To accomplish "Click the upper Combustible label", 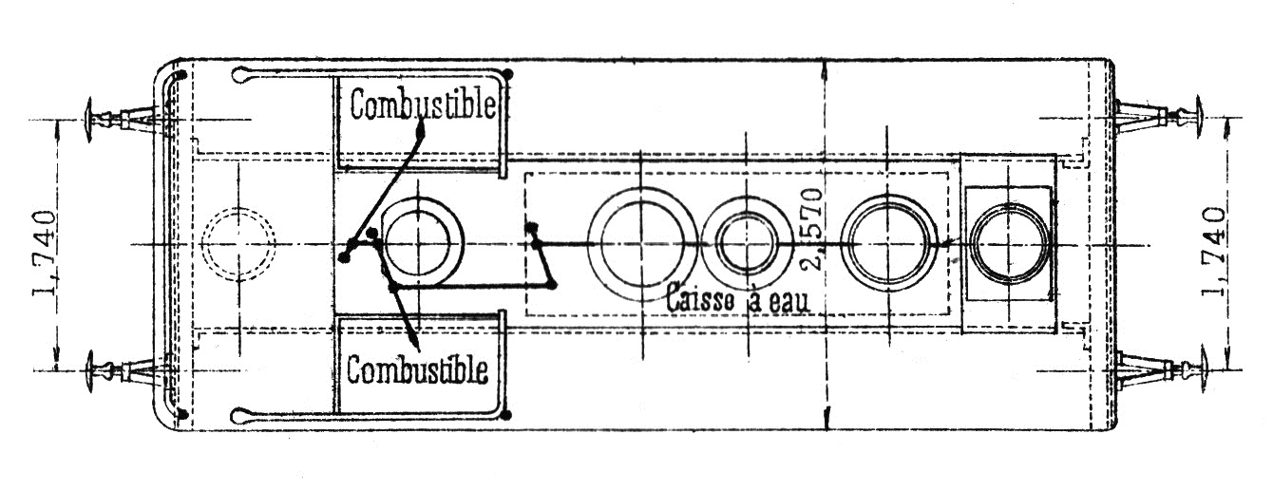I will pyautogui.click(x=423, y=104).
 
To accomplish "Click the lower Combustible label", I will pyautogui.click(x=417, y=368).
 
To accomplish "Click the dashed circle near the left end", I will pyautogui.click(x=238, y=244).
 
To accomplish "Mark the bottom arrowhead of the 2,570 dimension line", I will pyautogui.click(x=826, y=419).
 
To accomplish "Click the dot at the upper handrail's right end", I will pyautogui.click(x=508, y=73).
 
